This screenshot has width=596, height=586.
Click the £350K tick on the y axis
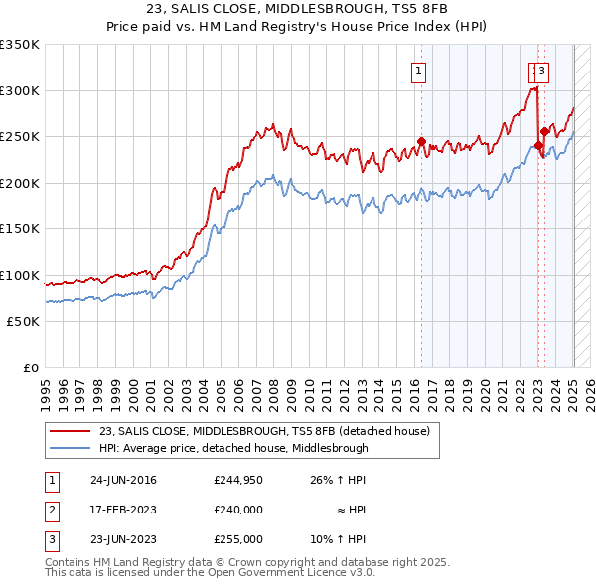pos(20,45)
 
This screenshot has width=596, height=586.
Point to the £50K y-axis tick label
pos(22,322)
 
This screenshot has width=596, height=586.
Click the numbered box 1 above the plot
pos(419,70)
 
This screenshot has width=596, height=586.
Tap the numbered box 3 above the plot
pos(544,70)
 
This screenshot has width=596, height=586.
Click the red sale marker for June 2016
pos(421,141)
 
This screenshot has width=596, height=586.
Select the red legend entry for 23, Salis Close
pos(263,431)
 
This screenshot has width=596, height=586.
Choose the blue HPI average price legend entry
pos(233,448)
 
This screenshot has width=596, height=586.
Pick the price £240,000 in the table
pos(238,511)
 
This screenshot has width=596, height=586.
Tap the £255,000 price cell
pos(238,540)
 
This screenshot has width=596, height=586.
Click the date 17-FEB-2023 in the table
pos(123,511)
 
